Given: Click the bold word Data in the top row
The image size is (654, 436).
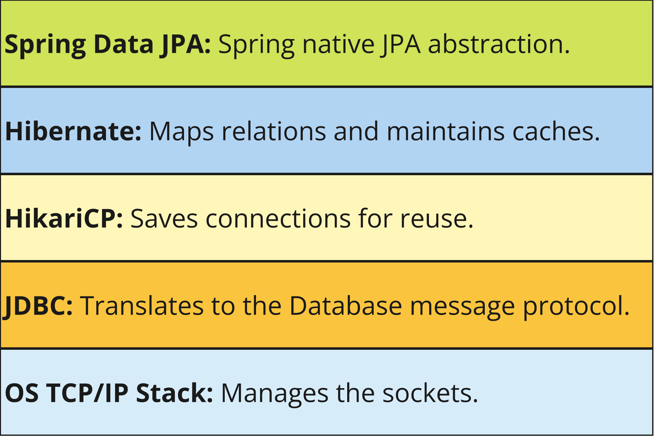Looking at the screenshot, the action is click(123, 44).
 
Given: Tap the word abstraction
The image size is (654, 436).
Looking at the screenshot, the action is click(499, 44).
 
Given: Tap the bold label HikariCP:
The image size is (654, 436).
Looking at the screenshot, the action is click(64, 218).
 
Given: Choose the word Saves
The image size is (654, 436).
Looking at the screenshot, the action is click(164, 218).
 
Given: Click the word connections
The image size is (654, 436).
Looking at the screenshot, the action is click(278, 218).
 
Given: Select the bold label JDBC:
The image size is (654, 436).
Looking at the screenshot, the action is click(38, 306).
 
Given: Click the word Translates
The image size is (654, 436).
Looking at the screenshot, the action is click(142, 305).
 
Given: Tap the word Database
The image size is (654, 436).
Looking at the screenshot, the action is click(346, 305).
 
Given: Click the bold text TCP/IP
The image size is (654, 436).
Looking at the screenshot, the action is click(87, 393).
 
